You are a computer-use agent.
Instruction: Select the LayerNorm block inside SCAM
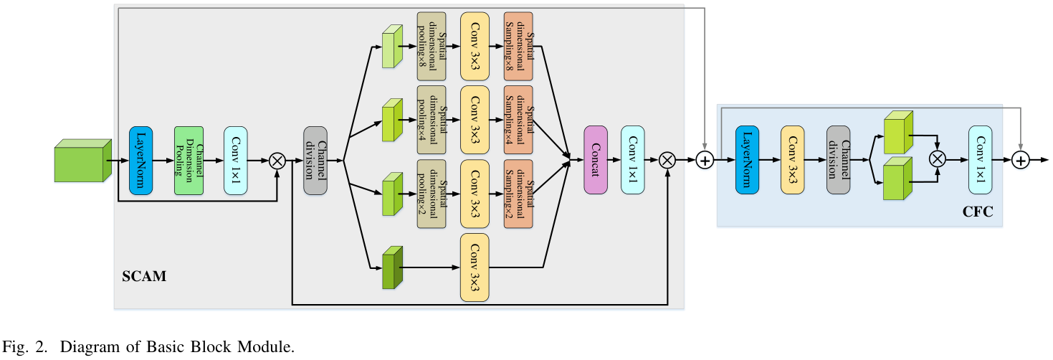click(141, 161)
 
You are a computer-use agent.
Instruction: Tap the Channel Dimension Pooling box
click(189, 161)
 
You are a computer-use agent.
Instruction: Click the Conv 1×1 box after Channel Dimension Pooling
click(235, 161)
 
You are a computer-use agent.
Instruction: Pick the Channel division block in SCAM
click(315, 161)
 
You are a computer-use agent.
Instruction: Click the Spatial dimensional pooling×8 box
click(432, 46)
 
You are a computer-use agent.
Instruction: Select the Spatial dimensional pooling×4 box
click(432, 119)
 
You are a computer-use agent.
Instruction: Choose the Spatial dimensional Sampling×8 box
click(518, 46)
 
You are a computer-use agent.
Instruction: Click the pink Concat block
click(596, 161)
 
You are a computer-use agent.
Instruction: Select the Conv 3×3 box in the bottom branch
click(475, 267)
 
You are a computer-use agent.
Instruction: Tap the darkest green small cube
click(391, 268)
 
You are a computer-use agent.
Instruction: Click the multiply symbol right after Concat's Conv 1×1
click(667, 161)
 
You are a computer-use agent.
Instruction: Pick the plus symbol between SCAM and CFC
click(705, 161)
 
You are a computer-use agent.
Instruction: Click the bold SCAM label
click(146, 276)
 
